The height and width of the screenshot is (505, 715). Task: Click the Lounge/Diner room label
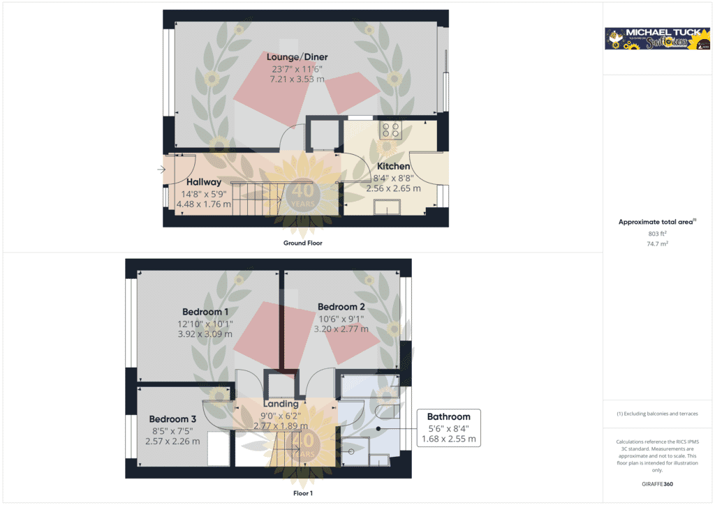[x=297, y=57]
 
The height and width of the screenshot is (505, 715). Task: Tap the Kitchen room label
[x=393, y=167]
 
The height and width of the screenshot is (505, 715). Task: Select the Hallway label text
[x=203, y=182]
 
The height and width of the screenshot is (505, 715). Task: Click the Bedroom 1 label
[x=205, y=312]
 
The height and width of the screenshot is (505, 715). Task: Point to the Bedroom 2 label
[x=341, y=307]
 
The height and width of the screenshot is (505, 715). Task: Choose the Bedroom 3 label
[x=172, y=419]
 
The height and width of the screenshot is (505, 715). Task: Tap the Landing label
[x=281, y=404]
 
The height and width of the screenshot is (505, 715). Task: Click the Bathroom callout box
[x=449, y=428]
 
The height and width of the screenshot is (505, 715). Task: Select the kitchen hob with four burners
[x=390, y=130]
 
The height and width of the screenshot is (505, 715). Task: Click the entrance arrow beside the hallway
[x=161, y=169]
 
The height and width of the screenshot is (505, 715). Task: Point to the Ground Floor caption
[x=302, y=243]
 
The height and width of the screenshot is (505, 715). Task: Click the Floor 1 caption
[x=302, y=493]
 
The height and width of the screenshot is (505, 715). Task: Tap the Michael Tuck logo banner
[x=657, y=39]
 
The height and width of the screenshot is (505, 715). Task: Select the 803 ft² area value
[x=658, y=234]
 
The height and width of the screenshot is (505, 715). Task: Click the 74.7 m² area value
[x=658, y=245]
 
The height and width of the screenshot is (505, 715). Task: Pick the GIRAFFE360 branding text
[x=658, y=483]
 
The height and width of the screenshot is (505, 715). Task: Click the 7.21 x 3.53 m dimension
[x=297, y=80]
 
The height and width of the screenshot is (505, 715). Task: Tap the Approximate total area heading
[x=656, y=222]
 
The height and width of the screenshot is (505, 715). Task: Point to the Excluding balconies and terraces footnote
[x=658, y=414]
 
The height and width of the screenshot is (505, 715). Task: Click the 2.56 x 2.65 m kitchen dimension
[x=394, y=188]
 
